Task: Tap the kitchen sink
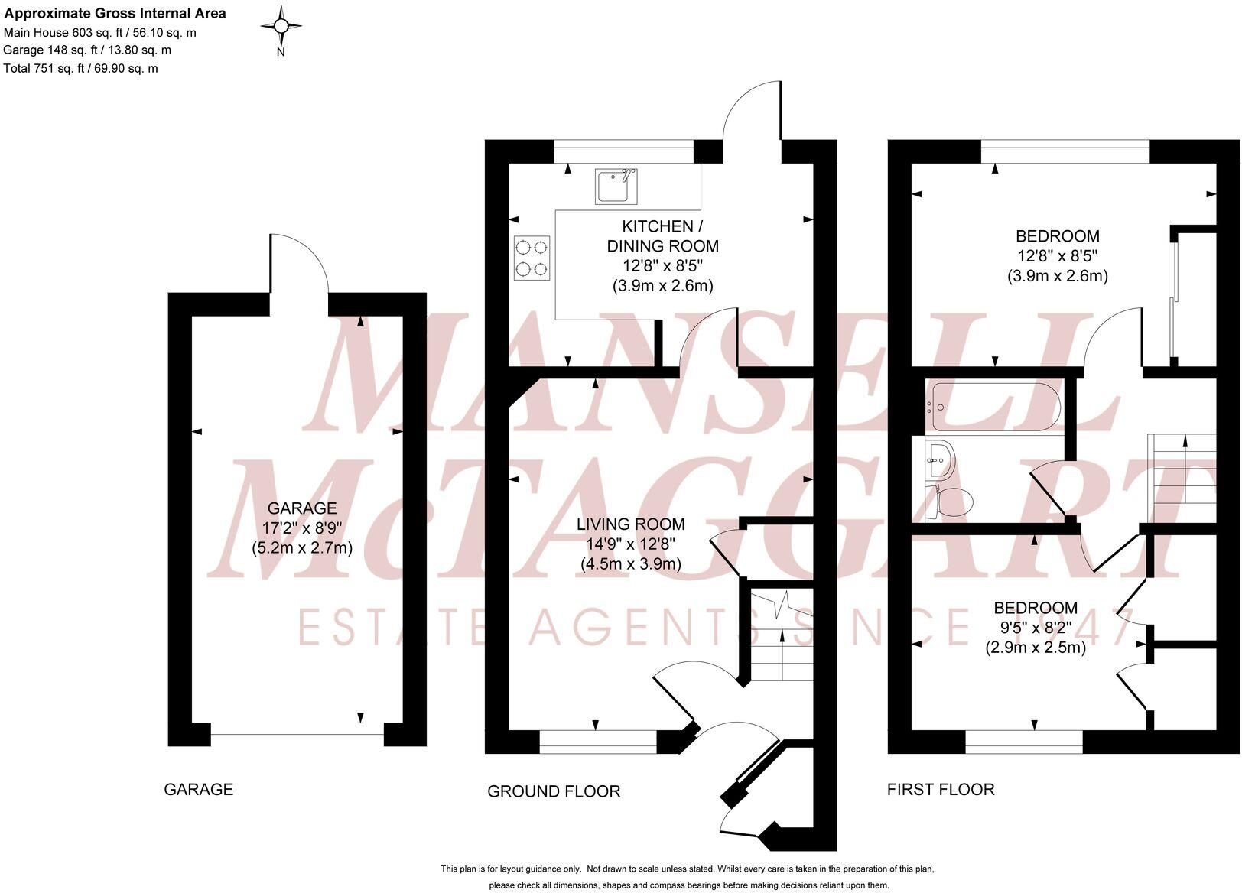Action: (x=616, y=187)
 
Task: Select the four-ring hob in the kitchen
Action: (x=532, y=258)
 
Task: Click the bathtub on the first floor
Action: (x=993, y=408)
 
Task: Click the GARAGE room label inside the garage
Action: (x=301, y=508)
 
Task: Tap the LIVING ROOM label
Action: (x=630, y=524)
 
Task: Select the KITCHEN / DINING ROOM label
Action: (x=662, y=236)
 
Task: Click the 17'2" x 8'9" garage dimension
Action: (x=301, y=528)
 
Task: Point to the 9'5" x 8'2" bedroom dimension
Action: (x=1035, y=628)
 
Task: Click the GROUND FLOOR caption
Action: (x=554, y=791)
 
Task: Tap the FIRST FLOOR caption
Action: (x=941, y=790)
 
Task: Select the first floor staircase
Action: (x=1182, y=478)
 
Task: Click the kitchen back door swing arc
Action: (x=753, y=111)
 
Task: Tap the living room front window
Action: (x=598, y=739)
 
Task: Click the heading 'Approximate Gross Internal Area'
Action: (x=115, y=13)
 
